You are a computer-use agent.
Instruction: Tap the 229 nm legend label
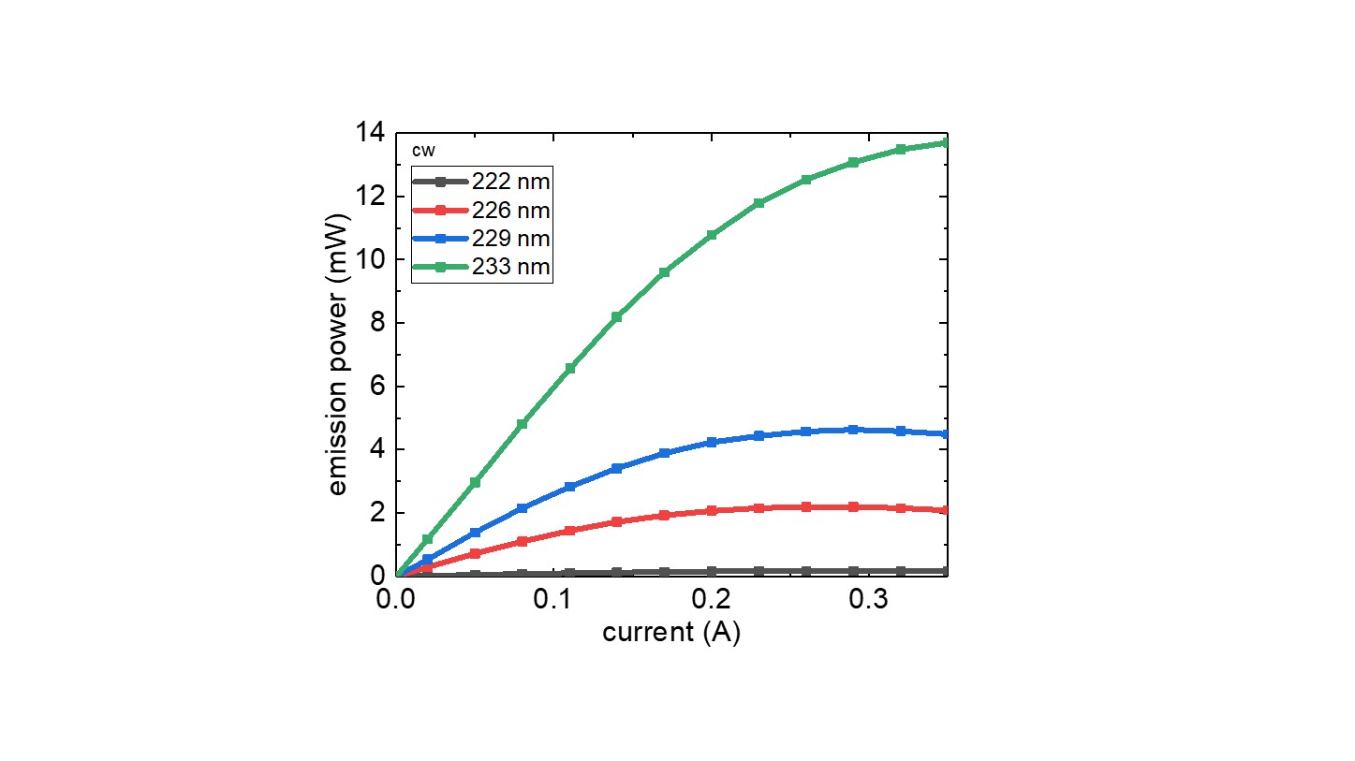click(510, 239)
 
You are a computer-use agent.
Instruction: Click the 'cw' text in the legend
click(424, 150)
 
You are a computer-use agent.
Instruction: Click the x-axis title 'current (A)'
click(671, 633)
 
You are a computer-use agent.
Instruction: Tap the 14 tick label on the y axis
click(371, 134)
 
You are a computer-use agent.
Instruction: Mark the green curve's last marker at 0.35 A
click(945, 142)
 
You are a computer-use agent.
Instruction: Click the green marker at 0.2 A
click(712, 235)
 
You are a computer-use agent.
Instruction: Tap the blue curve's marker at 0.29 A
click(853, 430)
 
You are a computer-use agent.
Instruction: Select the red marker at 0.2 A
click(712, 510)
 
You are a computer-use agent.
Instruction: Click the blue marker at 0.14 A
click(617, 468)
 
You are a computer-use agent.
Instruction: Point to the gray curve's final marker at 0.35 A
click(945, 571)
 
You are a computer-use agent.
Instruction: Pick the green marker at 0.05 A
click(476, 482)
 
